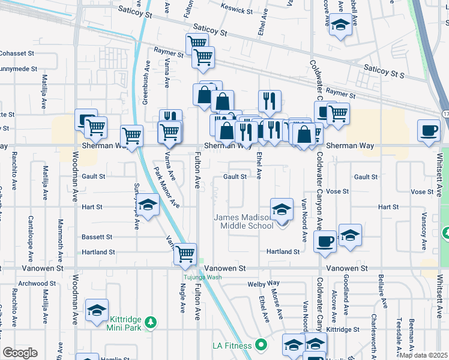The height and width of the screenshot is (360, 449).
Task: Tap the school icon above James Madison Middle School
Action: [281, 210]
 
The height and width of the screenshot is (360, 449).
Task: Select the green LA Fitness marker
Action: [261, 345]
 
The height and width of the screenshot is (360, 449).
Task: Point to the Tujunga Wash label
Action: [202, 277]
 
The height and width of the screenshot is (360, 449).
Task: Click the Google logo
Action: [20, 353]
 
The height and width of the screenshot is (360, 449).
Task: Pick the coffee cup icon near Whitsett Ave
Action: [429, 131]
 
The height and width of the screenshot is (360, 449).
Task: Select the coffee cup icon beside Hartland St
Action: [325, 241]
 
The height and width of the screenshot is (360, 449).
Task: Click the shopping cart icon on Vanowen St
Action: [185, 254]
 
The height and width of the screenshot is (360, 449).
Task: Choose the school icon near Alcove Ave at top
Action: [340, 26]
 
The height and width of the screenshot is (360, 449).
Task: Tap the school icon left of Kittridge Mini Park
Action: [97, 311]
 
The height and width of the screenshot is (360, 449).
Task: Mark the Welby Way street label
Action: [265, 283]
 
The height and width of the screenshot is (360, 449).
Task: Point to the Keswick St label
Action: [236, 10]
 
